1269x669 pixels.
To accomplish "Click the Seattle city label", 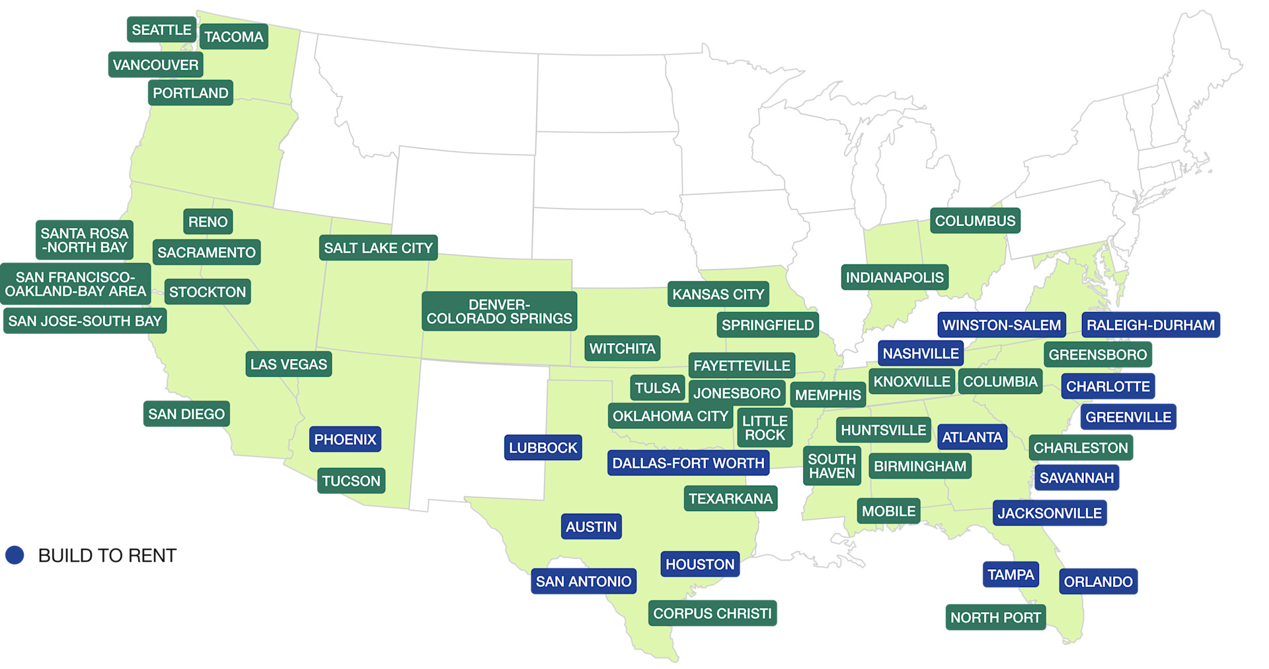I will click(x=161, y=30).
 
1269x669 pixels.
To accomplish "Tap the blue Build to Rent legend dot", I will click(x=15, y=555).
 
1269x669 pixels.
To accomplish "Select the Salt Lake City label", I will click(x=378, y=248).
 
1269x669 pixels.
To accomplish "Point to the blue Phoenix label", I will click(x=345, y=440).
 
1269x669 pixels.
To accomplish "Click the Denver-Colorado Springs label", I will click(x=499, y=311).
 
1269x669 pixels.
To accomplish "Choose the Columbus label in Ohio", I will click(x=975, y=221).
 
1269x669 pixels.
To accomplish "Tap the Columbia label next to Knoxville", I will click(x=1000, y=381).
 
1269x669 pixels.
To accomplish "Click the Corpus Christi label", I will click(x=712, y=613).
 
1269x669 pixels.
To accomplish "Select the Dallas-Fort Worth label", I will click(x=688, y=463).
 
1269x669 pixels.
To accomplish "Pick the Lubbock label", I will click(x=543, y=448).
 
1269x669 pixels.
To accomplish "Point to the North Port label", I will click(x=995, y=617).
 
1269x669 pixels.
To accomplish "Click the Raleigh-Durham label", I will click(x=1150, y=325).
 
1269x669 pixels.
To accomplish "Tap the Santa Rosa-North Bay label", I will click(x=85, y=240).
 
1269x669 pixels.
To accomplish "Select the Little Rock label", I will click(x=765, y=428).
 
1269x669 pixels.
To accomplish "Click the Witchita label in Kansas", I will click(x=622, y=348).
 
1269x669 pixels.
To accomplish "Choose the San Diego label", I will click(x=186, y=414).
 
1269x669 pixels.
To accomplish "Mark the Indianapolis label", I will click(x=894, y=278).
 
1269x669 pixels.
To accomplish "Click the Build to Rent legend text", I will click(x=107, y=555).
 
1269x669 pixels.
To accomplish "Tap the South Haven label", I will click(x=831, y=466).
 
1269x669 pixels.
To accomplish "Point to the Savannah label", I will click(x=1076, y=478).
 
